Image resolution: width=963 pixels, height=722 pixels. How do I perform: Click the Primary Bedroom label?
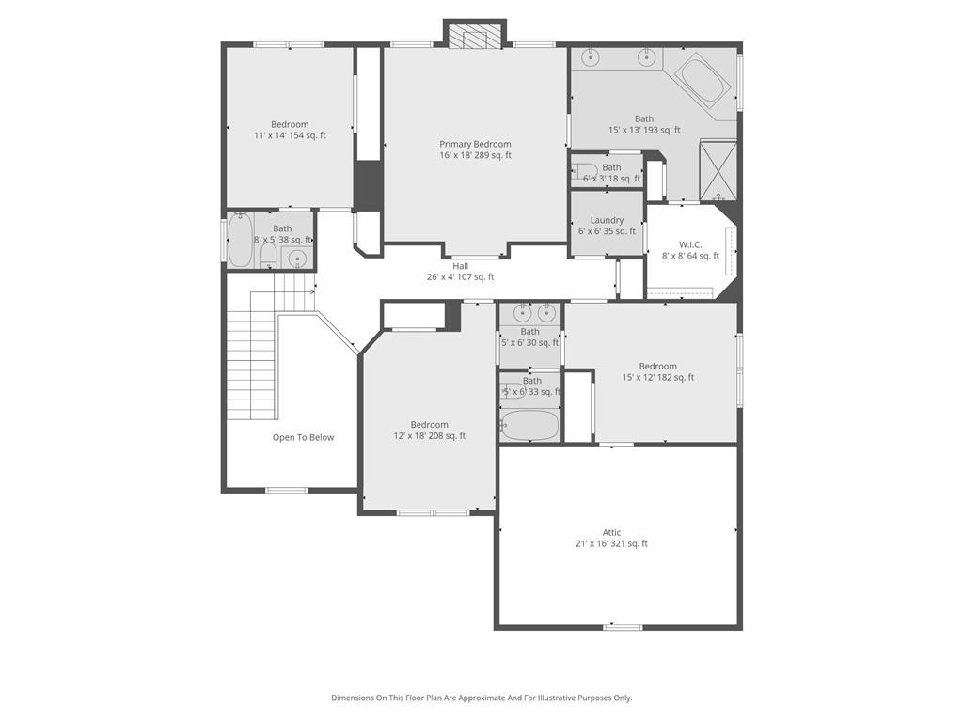pos(475,144)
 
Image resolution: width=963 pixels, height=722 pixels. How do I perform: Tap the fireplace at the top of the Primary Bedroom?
pos(474,36)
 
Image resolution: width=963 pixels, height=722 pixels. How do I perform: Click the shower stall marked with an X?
pos(718,169)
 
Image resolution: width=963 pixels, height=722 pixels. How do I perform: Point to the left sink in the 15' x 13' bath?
pos(591,57)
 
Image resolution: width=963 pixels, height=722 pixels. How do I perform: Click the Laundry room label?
pos(607,220)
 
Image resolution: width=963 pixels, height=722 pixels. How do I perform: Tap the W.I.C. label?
pos(690,244)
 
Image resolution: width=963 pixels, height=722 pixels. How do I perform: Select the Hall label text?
pos(460,266)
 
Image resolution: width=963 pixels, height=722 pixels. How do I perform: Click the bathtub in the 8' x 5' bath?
pos(240,241)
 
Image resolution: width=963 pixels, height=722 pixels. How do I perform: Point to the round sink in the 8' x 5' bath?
pos(297,259)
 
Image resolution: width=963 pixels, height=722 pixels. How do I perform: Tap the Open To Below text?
pos(303,437)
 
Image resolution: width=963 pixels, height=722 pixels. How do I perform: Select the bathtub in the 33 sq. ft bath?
pos(529,425)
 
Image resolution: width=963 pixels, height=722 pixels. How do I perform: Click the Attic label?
pos(611,532)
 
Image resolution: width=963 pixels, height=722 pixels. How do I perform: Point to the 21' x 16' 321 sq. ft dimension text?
pos(611,543)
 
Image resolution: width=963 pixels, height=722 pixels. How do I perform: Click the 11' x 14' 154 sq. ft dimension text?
pos(290,135)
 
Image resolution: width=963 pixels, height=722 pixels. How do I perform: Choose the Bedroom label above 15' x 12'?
pos(657,366)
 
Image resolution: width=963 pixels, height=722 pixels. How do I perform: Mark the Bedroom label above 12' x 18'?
pos(429,424)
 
